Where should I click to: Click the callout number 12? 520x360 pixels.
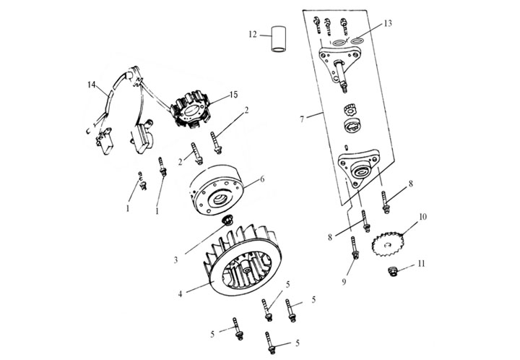[253, 34]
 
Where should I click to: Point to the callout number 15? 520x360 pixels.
[233, 95]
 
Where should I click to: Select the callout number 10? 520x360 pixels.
[423, 216]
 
